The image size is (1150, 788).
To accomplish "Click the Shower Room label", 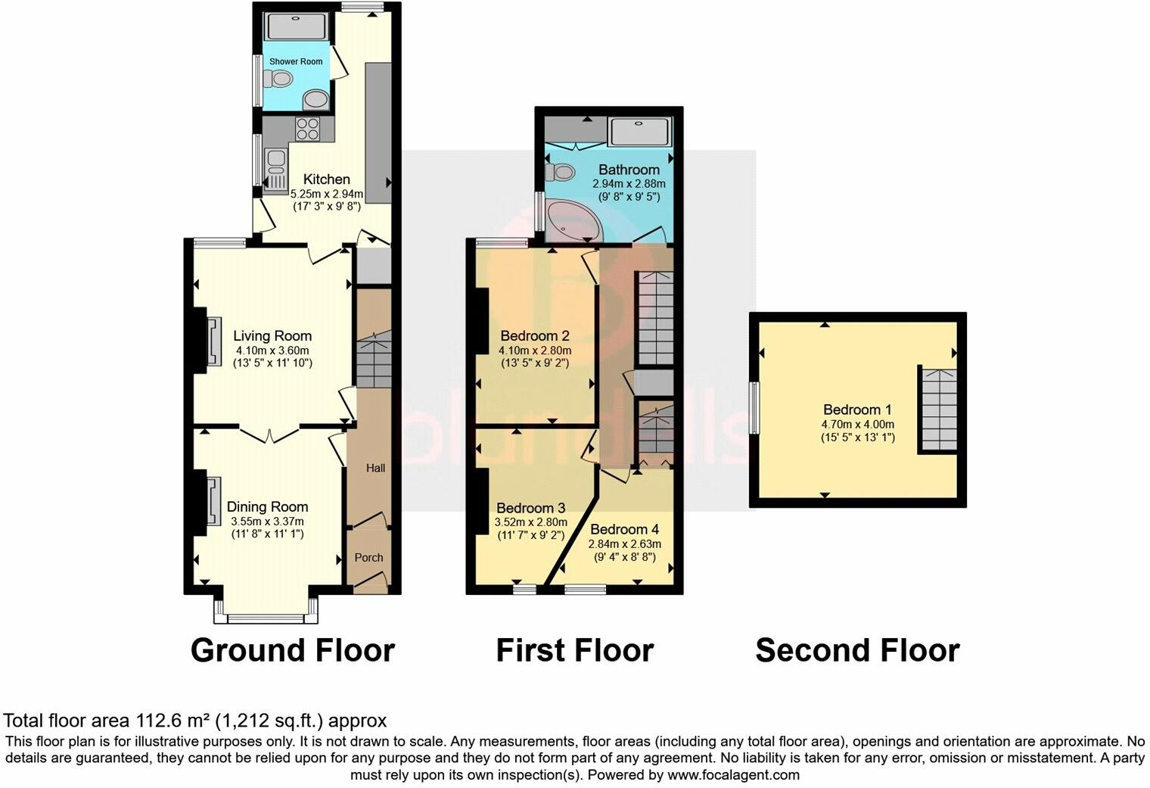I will (296, 61).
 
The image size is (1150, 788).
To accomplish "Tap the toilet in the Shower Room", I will (281, 78).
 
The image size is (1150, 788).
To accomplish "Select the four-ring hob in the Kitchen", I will (307, 129).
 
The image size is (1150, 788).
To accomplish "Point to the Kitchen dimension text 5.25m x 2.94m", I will (327, 194).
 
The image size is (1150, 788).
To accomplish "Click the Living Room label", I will (272, 336).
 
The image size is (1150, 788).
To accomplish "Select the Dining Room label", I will (267, 507).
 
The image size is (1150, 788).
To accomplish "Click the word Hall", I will (375, 468).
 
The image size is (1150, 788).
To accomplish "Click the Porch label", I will (369, 558).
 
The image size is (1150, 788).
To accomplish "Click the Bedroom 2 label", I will (535, 336).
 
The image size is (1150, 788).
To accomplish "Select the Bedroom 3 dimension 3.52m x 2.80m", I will (530, 522).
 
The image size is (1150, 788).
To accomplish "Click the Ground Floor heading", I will (293, 650).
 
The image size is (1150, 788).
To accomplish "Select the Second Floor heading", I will (857, 650).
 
